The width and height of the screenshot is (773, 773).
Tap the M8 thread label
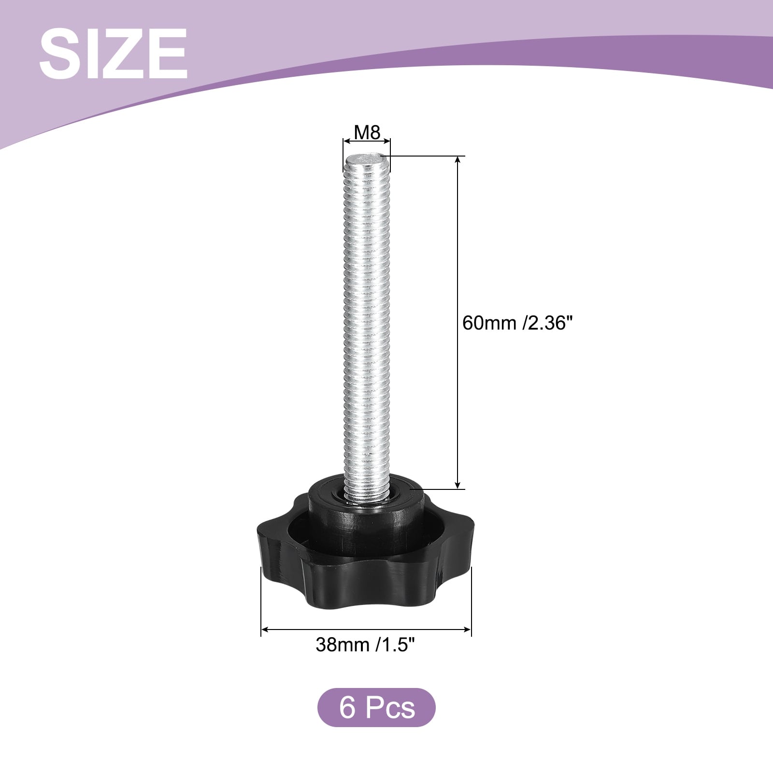367,132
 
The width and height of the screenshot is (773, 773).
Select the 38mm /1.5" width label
366,644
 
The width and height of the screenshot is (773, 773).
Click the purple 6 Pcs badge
376,708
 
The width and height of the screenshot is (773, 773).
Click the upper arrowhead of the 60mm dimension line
458,161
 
